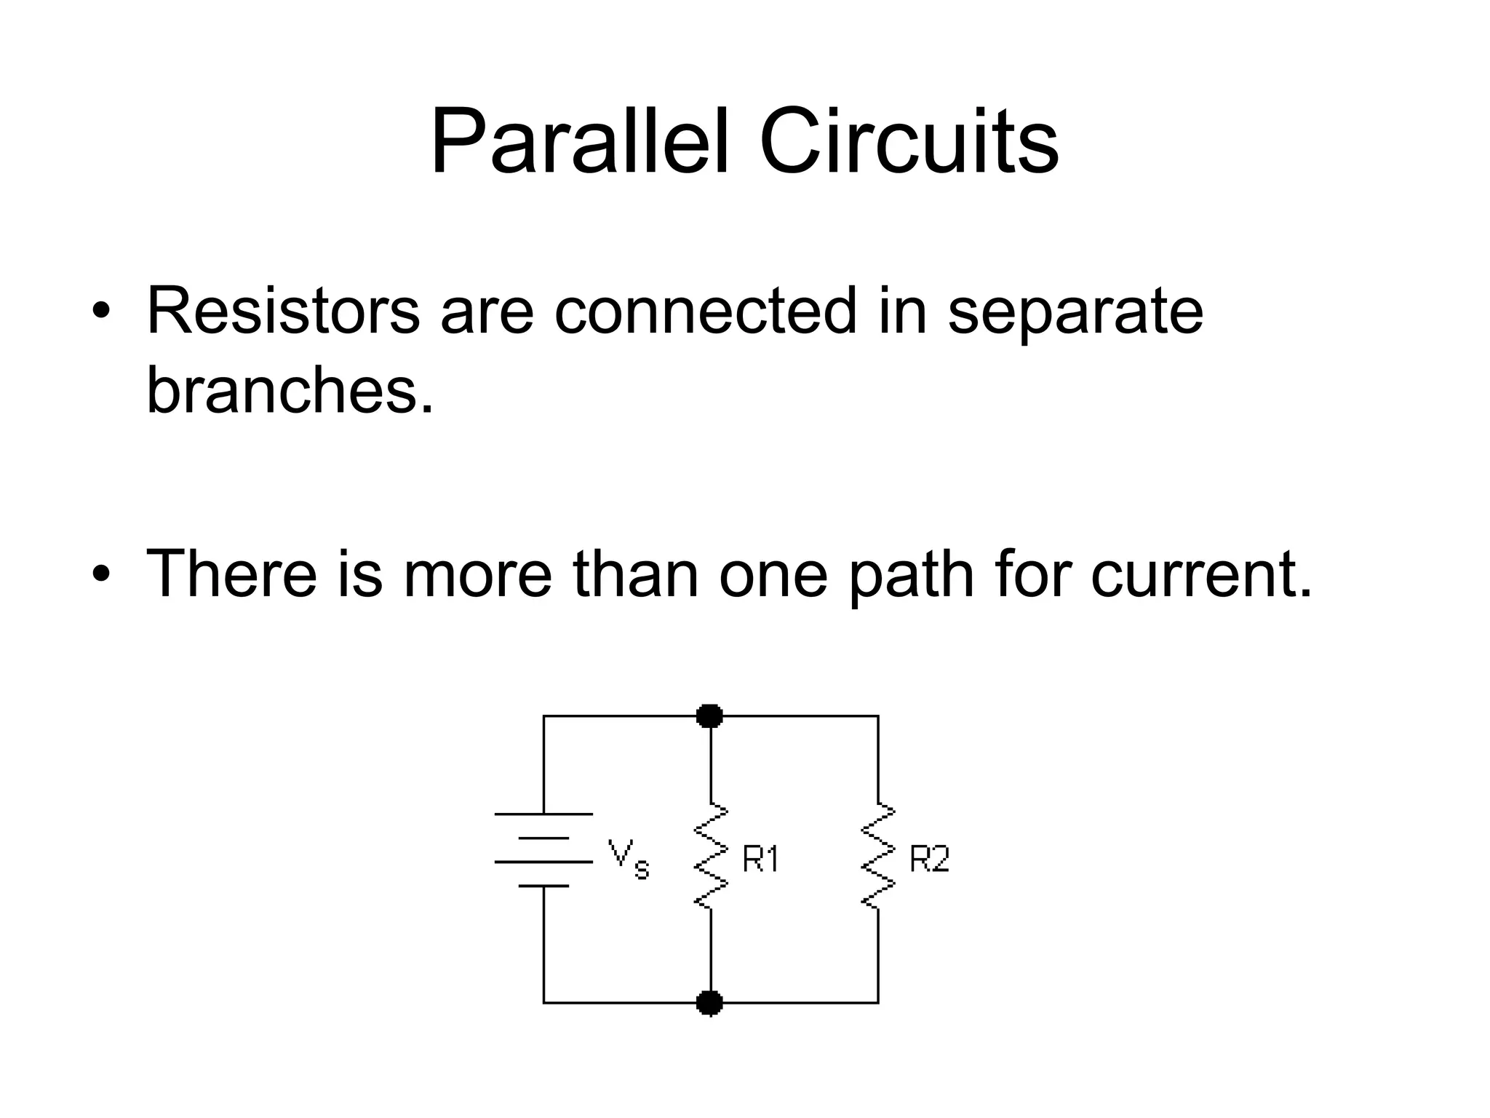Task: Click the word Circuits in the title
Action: tap(909, 141)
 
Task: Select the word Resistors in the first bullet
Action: tap(283, 312)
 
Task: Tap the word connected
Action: tap(705, 312)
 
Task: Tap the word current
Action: tap(1201, 575)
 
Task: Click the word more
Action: tap(478, 575)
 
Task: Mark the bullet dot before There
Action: tap(101, 574)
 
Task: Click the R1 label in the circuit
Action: tap(760, 860)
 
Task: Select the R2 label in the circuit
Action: tap(929, 860)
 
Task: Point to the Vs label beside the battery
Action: tap(628, 859)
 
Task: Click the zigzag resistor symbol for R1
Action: tap(711, 855)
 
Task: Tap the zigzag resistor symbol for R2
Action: tap(878, 855)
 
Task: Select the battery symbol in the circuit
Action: tap(543, 849)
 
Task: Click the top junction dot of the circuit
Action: tap(709, 716)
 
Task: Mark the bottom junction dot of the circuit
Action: tap(709, 1003)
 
